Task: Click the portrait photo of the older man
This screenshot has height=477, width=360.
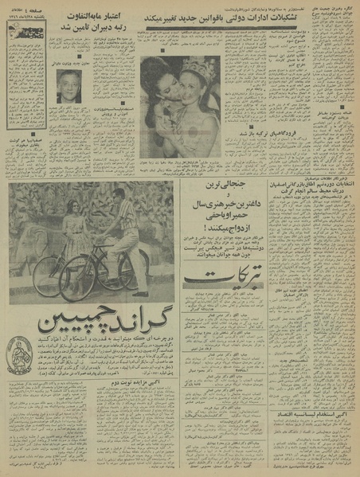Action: (68, 85)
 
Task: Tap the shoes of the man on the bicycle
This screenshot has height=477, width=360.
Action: (139, 291)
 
